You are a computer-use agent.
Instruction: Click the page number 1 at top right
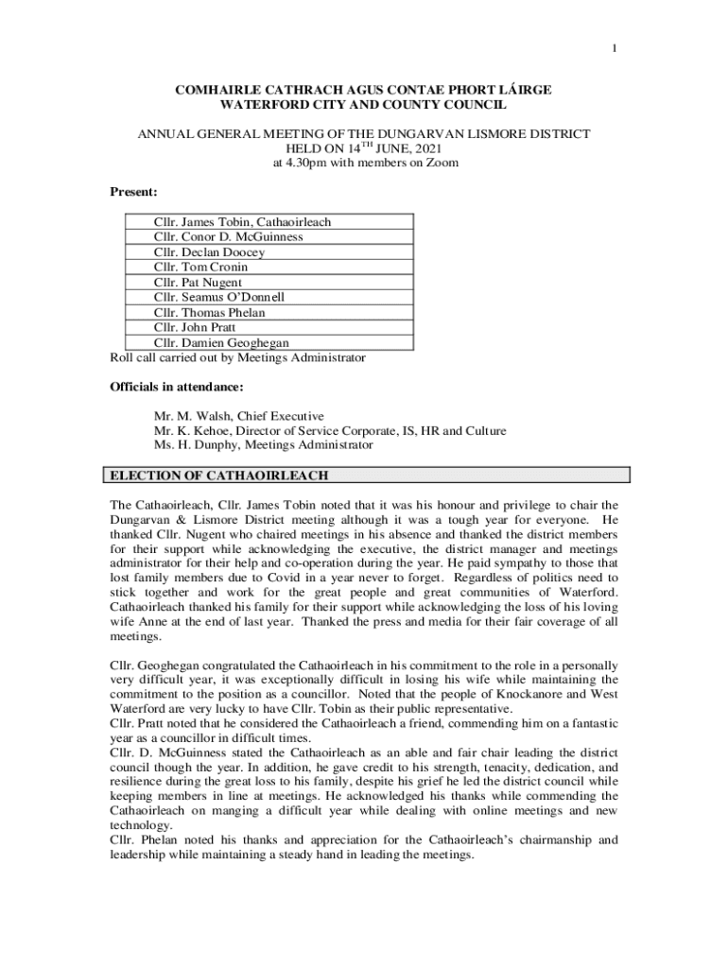coord(615,49)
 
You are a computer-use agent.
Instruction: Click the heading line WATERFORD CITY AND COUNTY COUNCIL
coord(364,104)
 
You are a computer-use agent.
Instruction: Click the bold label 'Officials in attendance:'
coord(177,387)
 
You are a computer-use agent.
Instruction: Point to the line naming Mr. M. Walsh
coord(238,416)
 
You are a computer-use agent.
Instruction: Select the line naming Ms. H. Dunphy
coord(263,445)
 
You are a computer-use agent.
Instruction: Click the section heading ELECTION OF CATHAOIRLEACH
coord(219,475)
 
